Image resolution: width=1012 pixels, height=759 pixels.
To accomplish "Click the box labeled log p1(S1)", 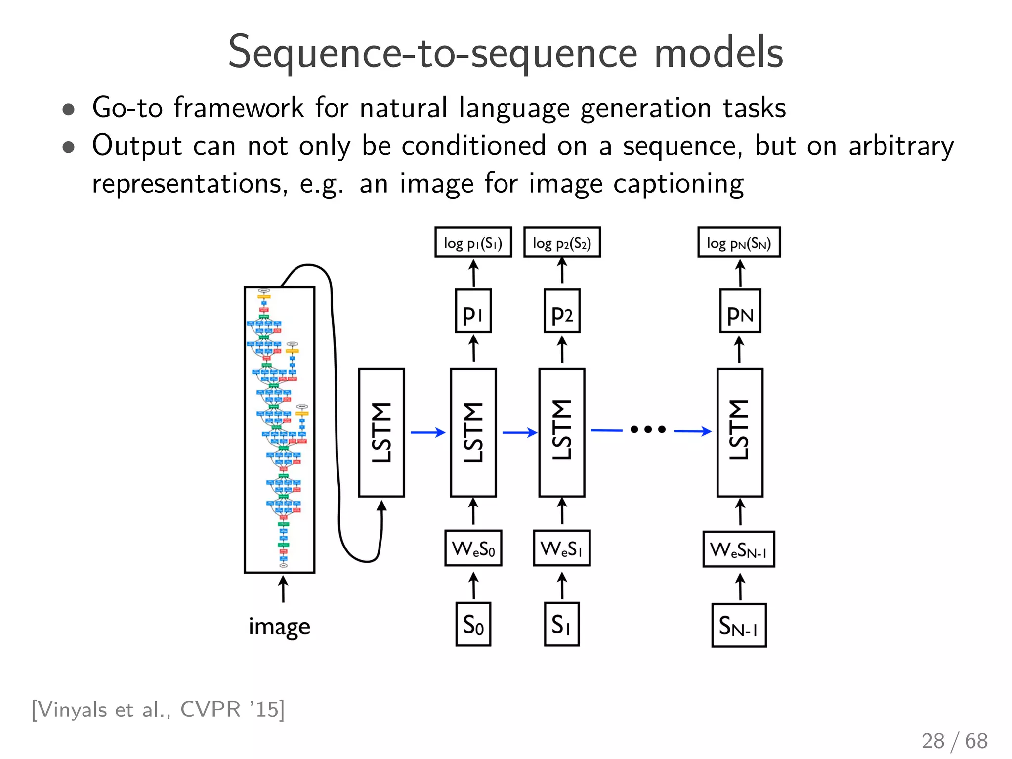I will tap(473, 243).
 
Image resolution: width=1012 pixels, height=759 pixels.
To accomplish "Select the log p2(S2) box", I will tap(562, 243).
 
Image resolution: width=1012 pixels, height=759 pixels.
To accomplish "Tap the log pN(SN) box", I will tap(739, 243).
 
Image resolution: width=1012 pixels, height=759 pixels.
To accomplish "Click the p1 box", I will tap(473, 311).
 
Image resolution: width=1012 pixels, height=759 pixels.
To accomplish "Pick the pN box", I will tap(740, 311).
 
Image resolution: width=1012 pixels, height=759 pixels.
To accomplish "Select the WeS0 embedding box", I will tap(473, 548).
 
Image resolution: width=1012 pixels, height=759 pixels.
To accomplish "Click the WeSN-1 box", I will tap(739, 549).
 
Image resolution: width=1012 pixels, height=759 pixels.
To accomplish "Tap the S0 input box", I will tap(473, 624).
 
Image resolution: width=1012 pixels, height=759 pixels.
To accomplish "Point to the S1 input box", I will tap(561, 624).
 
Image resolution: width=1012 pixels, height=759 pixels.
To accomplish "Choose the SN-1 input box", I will tap(739, 625).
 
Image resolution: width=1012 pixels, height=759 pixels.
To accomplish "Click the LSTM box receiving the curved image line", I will tap(381, 432).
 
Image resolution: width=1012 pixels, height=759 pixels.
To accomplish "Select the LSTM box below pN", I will tap(740, 432).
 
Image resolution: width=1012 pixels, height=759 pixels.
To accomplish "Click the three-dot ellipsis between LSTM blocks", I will tap(648, 430).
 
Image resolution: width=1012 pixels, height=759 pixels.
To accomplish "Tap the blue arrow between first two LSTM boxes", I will tap(428, 432).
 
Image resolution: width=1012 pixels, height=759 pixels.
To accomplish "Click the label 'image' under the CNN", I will tap(279, 627).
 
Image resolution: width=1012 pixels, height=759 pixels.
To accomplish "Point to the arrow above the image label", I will tap(283, 589).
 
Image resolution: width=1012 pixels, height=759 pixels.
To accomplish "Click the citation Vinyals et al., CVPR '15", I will tap(158, 709).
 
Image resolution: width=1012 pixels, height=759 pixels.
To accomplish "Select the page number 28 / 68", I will tap(954, 741).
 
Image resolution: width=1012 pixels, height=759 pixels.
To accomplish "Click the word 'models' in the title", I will tap(718, 53).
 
